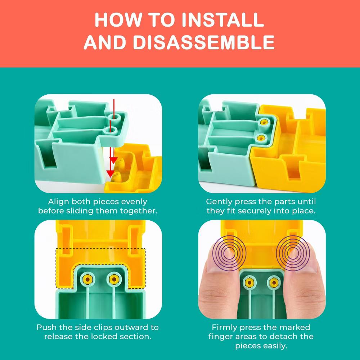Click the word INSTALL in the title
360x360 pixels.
click(x=223, y=20)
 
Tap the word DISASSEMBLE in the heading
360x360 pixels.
click(x=204, y=42)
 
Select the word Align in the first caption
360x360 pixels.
click(x=58, y=202)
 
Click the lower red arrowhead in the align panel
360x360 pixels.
click(x=111, y=174)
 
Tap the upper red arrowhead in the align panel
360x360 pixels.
click(x=113, y=160)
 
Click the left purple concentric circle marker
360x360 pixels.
click(x=229, y=253)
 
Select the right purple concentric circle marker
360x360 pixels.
click(x=293, y=253)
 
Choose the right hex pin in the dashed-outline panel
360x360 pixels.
click(x=114, y=279)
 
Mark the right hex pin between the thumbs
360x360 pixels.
click(x=274, y=282)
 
